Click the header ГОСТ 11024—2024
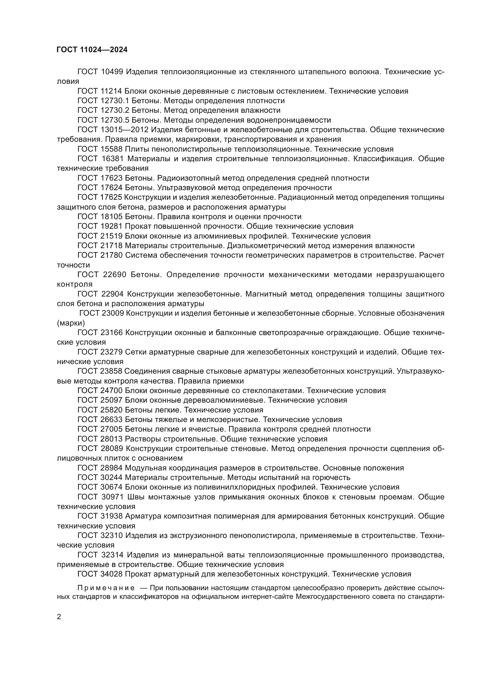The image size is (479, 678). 92,50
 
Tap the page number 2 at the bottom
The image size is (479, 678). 59,617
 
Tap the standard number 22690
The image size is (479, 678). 115,275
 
